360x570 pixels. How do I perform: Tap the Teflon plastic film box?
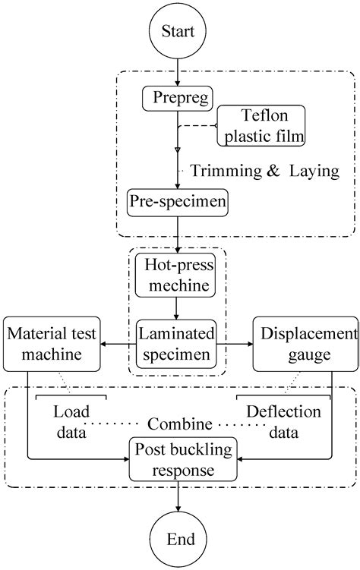(x=261, y=126)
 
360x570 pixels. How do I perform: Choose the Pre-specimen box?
(x=177, y=203)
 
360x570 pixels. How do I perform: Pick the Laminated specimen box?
(x=177, y=343)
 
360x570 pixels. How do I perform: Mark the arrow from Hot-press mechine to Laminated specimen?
(x=177, y=308)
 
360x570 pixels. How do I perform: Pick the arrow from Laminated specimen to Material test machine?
(x=109, y=344)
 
